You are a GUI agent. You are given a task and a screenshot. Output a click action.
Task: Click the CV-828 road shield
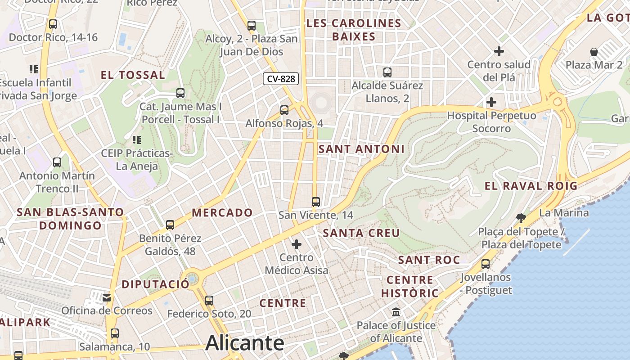coord(281,79)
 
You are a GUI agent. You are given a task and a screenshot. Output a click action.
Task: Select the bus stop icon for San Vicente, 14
coord(316,202)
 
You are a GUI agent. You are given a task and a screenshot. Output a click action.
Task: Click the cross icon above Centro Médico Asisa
coord(297,244)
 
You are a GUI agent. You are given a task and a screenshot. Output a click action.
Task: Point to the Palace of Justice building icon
coord(396,311)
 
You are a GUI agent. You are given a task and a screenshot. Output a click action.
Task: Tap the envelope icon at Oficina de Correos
coord(107,297)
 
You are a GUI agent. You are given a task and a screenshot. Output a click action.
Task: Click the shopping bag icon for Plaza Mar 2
coord(594,51)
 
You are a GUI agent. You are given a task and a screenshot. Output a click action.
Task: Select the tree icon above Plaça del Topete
coord(521,218)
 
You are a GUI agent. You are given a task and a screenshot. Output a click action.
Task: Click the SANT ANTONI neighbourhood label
coord(361,149)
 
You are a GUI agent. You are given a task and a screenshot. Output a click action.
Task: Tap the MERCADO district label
coord(222,213)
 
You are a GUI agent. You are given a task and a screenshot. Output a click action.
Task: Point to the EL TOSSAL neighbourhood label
coord(133,75)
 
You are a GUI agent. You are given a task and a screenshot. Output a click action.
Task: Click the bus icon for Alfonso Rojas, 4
coord(284,110)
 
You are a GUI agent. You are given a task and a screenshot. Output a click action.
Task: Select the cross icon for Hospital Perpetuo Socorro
coord(491,102)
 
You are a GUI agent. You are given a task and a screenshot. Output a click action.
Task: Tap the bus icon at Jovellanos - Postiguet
coord(486,264)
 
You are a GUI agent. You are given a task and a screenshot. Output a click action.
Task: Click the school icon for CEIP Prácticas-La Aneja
coord(136,140)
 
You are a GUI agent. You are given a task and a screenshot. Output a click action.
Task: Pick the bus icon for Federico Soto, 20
coord(209,300)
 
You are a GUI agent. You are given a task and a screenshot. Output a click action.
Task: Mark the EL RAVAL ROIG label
coord(531,186)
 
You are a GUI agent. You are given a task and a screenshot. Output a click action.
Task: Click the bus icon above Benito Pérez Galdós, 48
coord(170,225)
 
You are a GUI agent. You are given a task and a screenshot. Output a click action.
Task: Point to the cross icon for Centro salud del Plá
coord(499,51)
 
